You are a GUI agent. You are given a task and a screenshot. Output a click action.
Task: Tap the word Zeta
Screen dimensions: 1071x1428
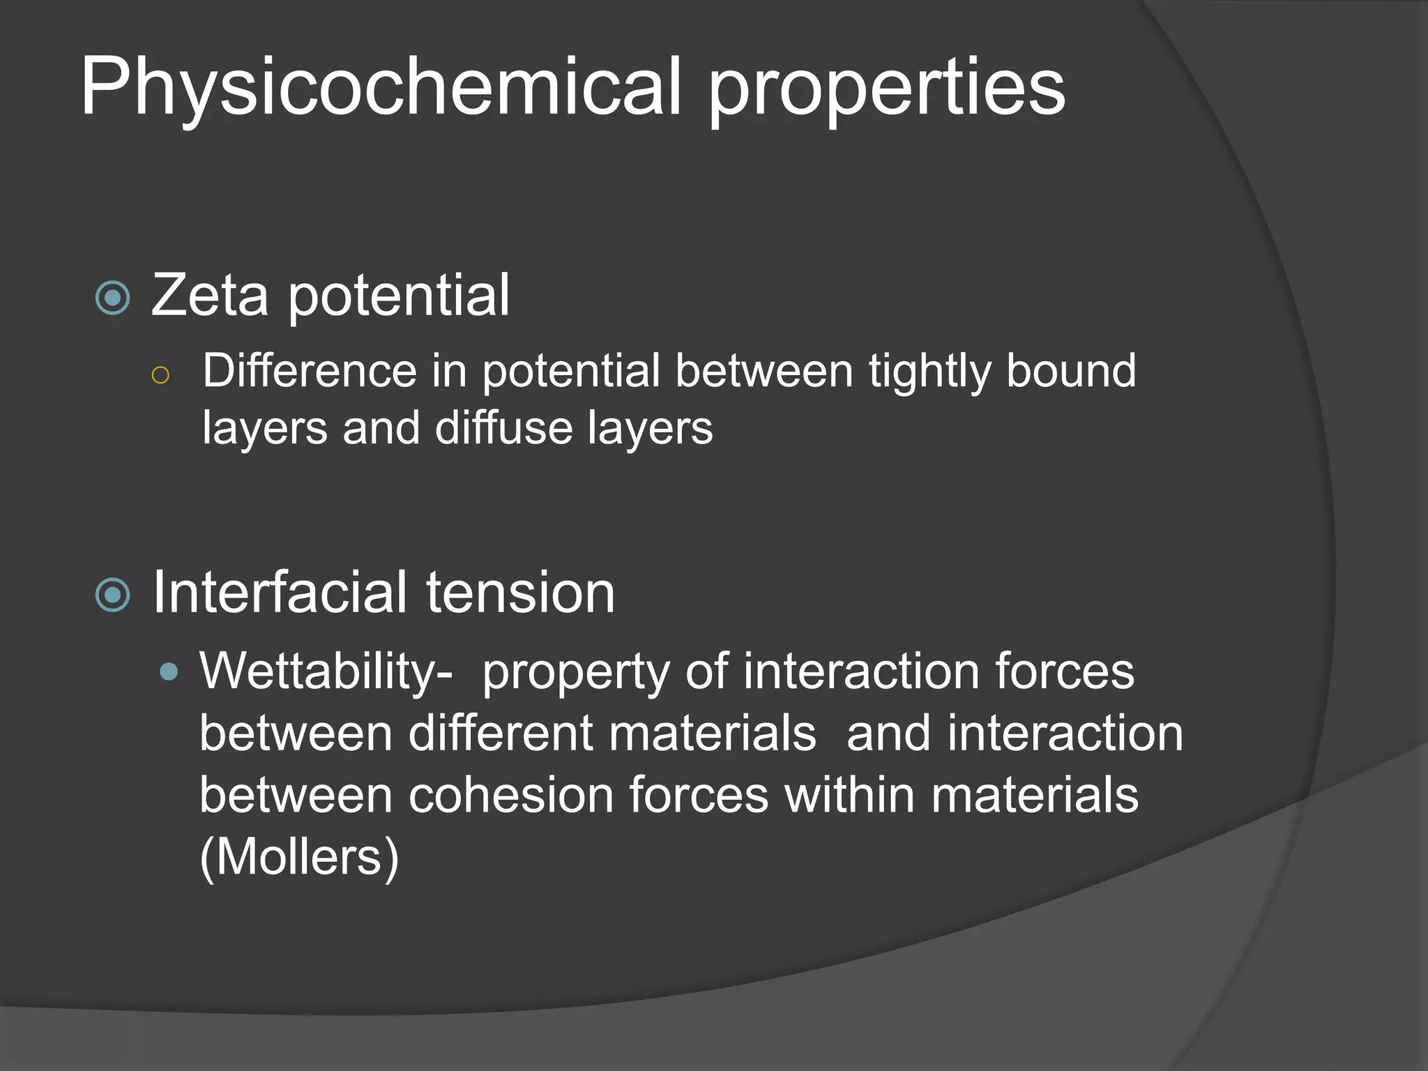click(x=210, y=296)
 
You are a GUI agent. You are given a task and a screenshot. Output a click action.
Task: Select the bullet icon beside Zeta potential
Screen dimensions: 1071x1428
click(x=113, y=298)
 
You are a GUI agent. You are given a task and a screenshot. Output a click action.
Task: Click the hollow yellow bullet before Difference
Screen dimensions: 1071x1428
click(x=160, y=375)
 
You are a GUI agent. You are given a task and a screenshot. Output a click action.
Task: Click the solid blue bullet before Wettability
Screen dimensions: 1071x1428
click(x=168, y=672)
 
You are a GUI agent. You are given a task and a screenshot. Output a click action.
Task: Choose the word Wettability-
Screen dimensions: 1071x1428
click(x=326, y=672)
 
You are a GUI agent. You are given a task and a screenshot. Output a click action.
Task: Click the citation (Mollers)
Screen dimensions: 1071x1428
click(x=299, y=857)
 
